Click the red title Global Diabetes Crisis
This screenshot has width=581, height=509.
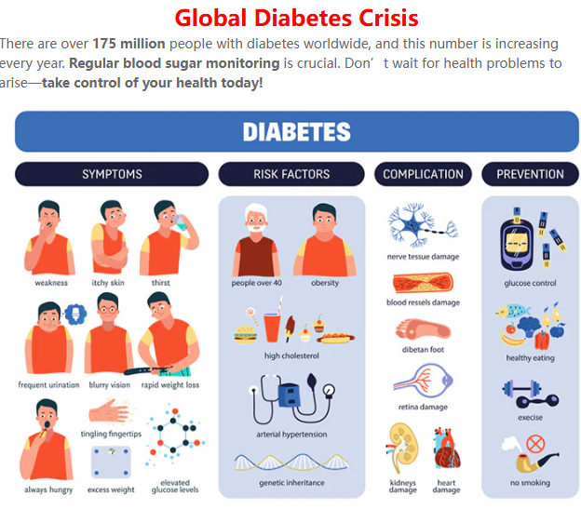296,18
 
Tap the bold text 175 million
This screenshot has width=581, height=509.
128,44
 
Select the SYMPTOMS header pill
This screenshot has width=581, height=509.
112,174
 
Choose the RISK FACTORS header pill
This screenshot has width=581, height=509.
291,174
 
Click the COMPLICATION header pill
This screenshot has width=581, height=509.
423,174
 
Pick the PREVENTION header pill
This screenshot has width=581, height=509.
530,174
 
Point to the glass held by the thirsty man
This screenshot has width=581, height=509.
181,222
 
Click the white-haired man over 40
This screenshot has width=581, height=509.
256,240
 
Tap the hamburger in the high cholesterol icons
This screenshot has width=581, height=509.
245,334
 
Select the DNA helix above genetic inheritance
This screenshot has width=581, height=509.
291,462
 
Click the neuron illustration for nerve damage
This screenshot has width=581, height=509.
423,225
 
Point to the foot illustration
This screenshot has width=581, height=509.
423,329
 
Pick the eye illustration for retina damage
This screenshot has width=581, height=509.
423,381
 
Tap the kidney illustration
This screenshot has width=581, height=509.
403,448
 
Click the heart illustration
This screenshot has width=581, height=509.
447,449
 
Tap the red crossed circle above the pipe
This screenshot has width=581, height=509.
535,444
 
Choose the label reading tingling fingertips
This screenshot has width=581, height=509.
111,434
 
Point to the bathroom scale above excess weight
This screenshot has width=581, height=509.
111,462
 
